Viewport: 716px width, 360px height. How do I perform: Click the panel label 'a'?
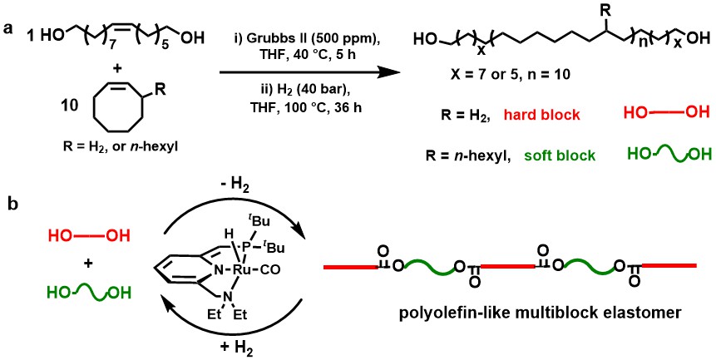(x=8, y=27)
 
